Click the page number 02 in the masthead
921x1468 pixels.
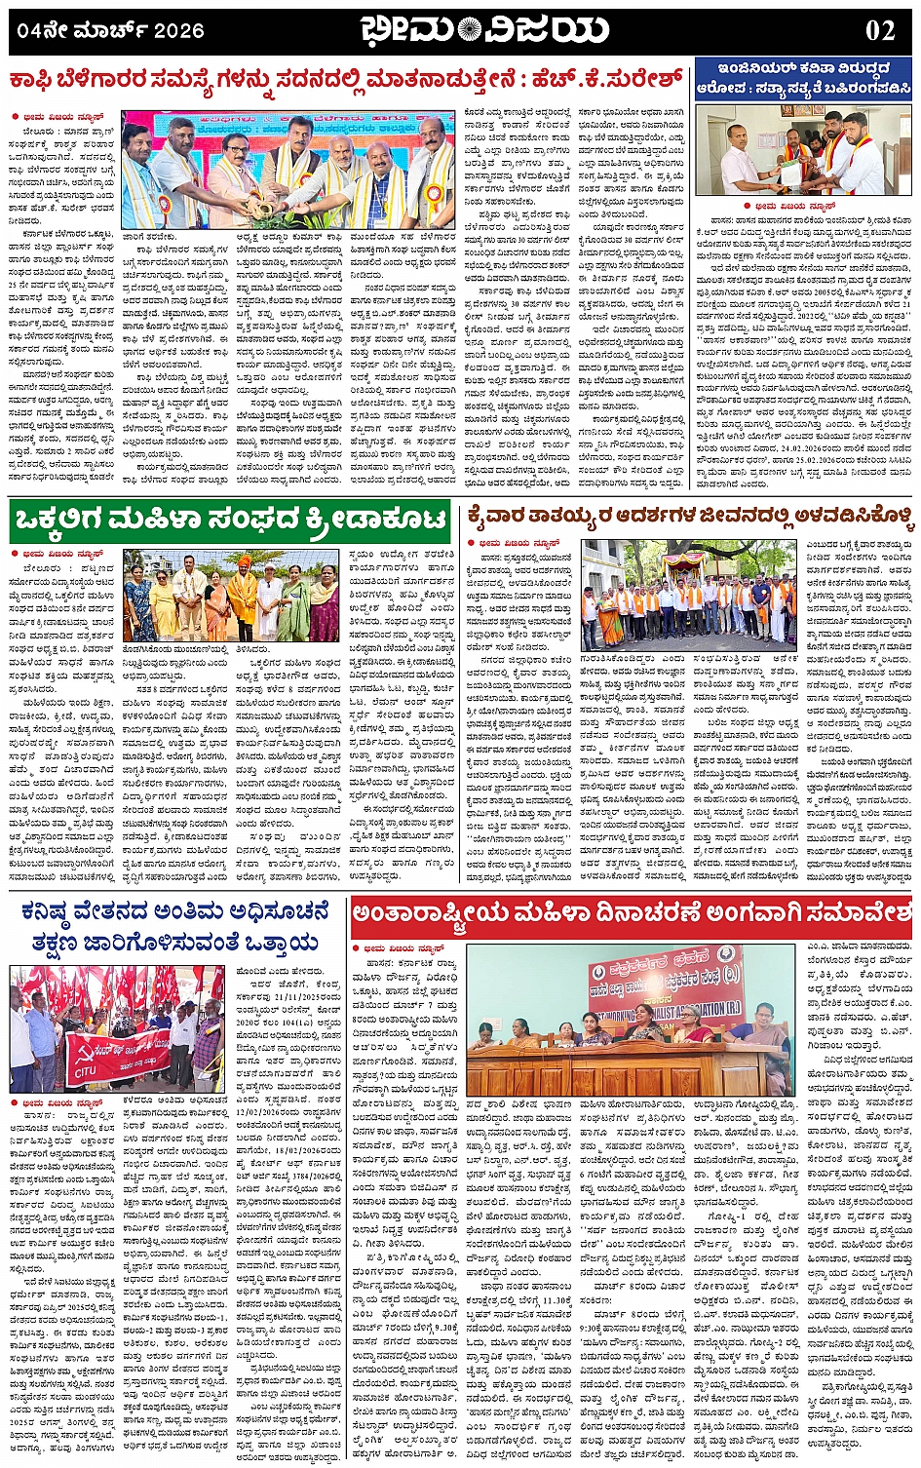[879, 30]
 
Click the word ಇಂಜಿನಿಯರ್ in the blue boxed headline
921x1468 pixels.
[748, 69]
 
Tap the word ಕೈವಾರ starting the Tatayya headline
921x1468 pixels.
[501, 515]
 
